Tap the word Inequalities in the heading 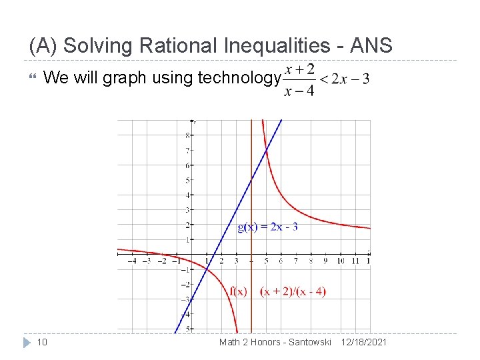pyautogui.click(x=279, y=46)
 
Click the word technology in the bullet pyautogui.click(x=239, y=79)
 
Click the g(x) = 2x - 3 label pyautogui.click(x=267, y=227)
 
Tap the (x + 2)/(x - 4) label pyautogui.click(x=293, y=291)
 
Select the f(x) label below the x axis pyautogui.click(x=238, y=291)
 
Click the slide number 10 pyautogui.click(x=41, y=342)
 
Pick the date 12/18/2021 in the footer pyautogui.click(x=363, y=342)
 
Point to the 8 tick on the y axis pyautogui.click(x=187, y=135)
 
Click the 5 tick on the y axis pyautogui.click(x=187, y=180)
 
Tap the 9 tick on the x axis pyautogui.click(x=325, y=261)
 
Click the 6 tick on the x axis pyautogui.click(x=281, y=261)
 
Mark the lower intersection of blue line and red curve pyautogui.click(x=207, y=268)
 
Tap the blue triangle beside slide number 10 pyautogui.click(x=27, y=342)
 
